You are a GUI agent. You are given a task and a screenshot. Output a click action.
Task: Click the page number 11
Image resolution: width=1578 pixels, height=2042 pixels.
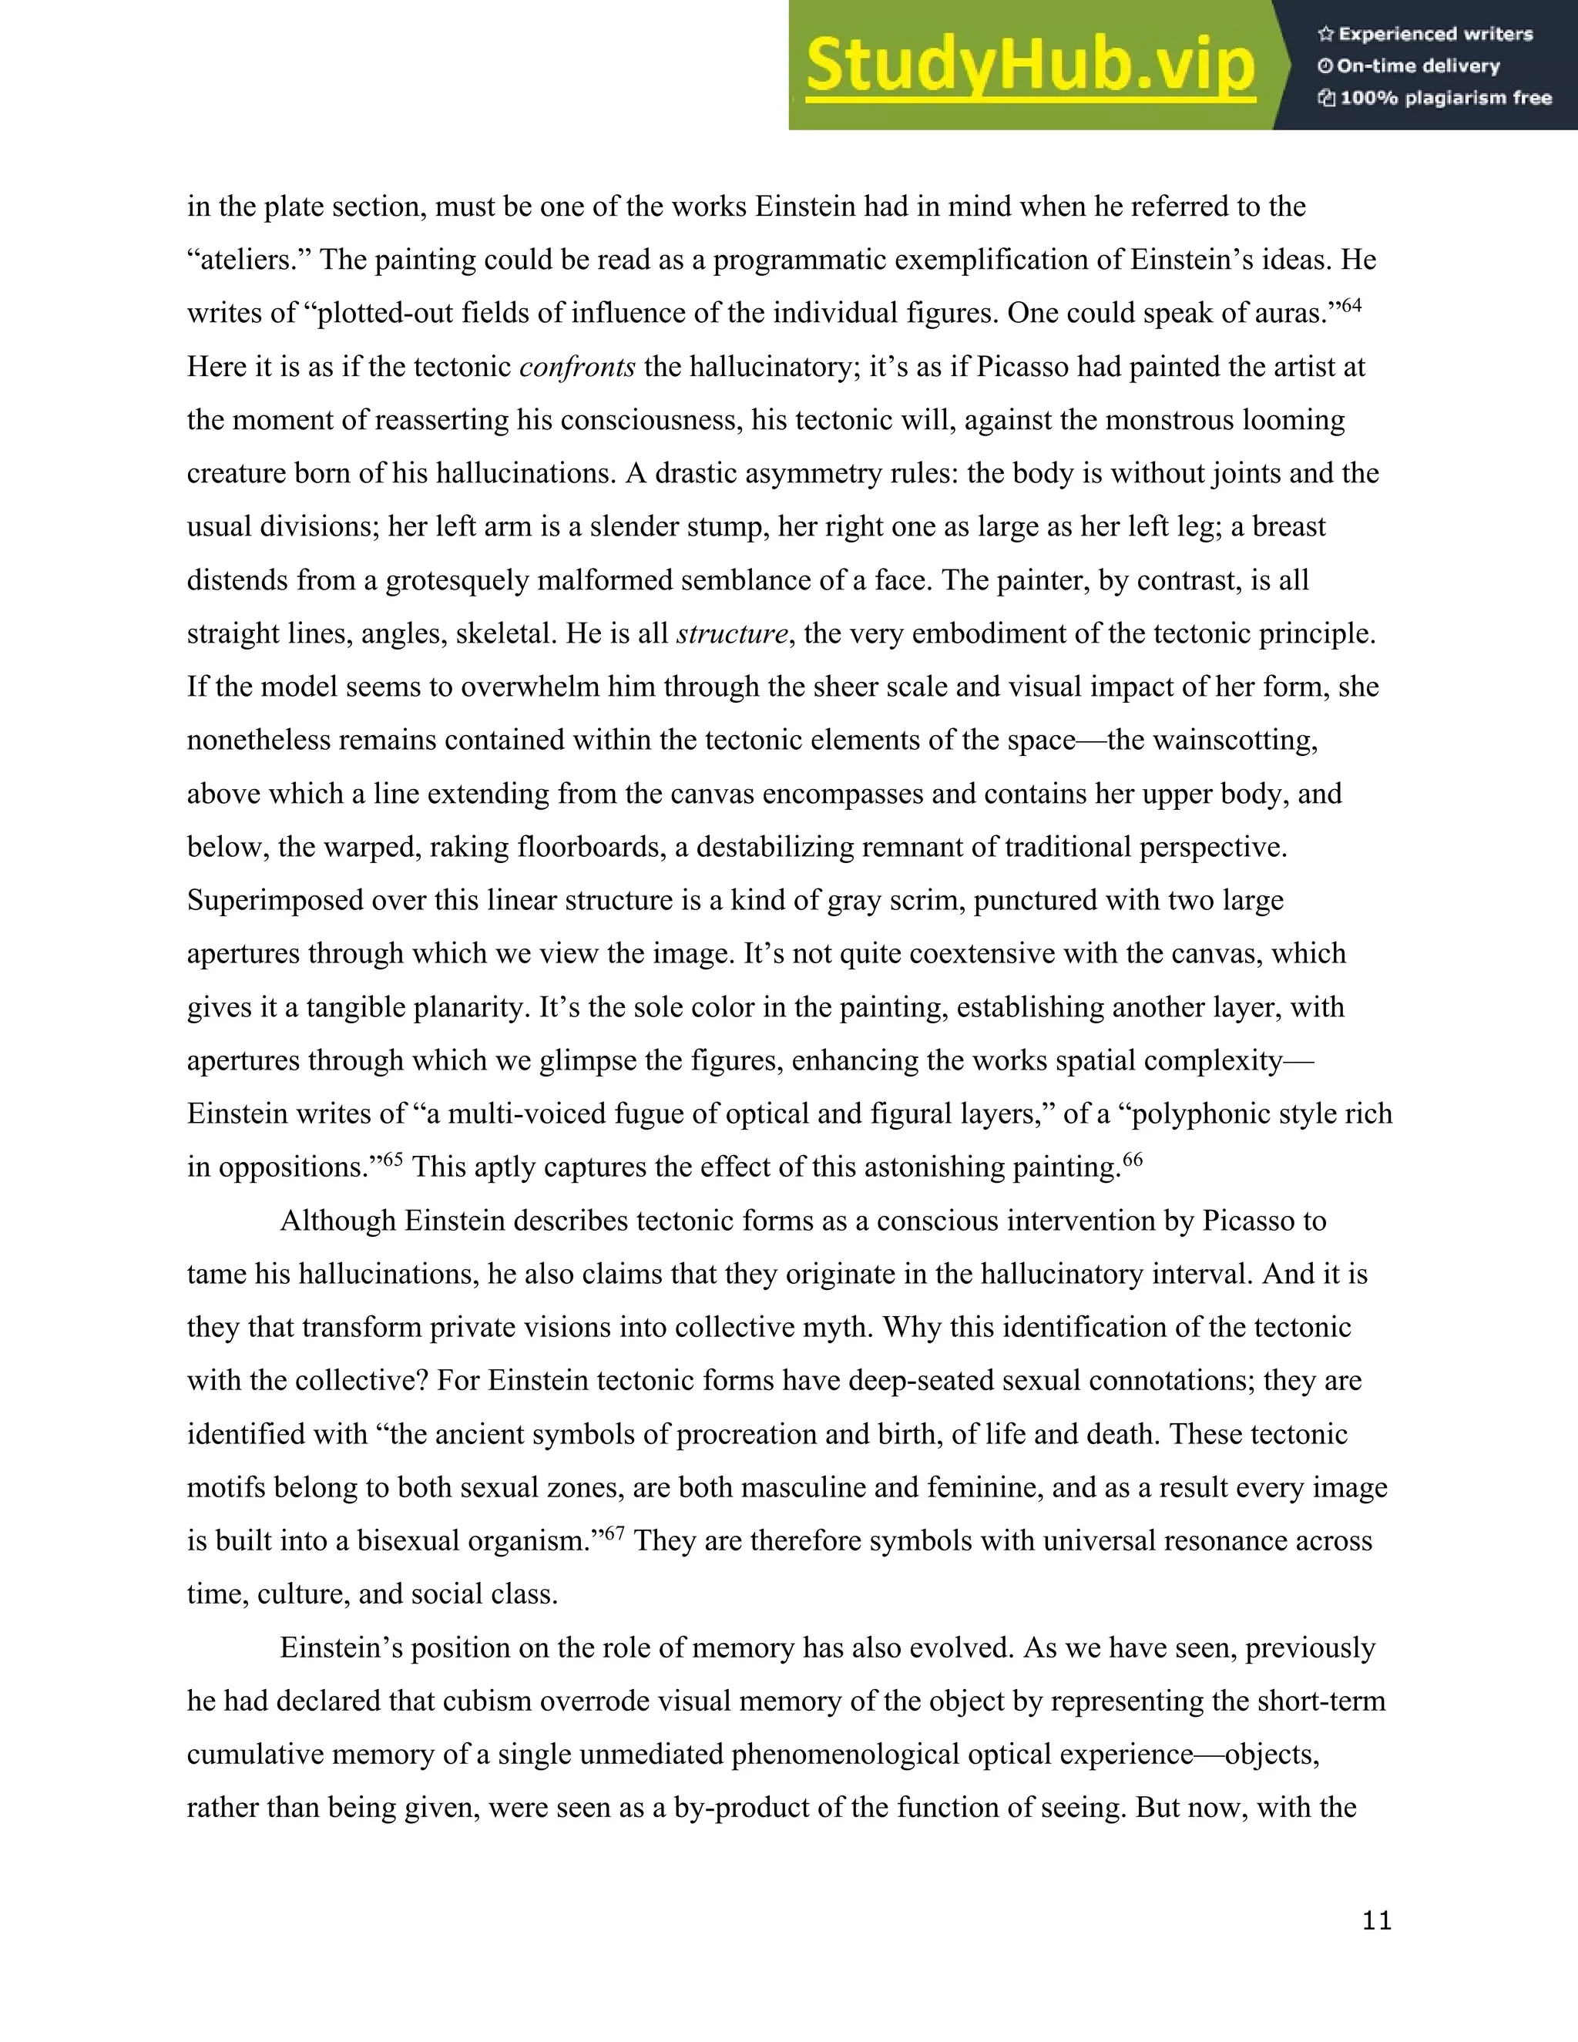(1377, 1920)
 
